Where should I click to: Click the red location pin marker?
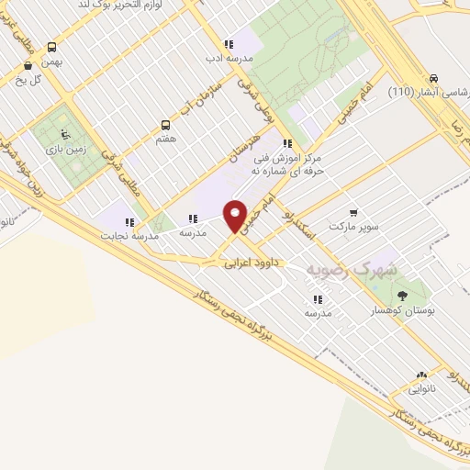236,215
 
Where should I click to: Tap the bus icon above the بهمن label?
51,47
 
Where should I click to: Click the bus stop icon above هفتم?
165,124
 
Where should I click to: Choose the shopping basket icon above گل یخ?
29,65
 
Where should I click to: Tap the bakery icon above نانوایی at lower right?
421,375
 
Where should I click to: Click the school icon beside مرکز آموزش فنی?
287,143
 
